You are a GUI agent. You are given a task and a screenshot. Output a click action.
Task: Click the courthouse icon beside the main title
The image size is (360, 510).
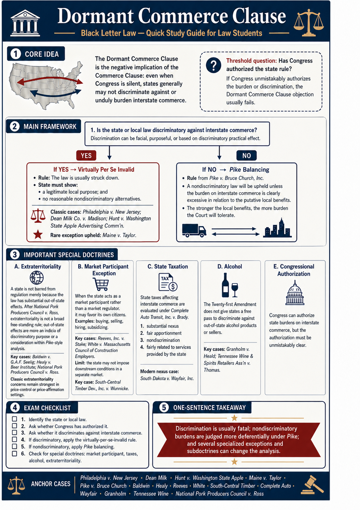[25, 23]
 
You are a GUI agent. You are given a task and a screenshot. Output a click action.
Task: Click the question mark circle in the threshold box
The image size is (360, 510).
[213, 65]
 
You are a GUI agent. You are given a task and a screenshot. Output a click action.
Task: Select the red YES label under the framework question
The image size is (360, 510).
[86, 155]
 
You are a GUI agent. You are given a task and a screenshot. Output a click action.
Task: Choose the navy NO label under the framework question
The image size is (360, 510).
[246, 155]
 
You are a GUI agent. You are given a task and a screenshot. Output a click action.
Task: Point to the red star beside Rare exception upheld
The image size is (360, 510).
[38, 235]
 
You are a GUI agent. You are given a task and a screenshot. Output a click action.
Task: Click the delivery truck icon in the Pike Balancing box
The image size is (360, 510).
[194, 230]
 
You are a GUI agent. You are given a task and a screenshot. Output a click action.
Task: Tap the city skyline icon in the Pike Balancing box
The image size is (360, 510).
[277, 228]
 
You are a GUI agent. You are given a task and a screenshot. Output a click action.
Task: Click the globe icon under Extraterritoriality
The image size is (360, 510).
[37, 278]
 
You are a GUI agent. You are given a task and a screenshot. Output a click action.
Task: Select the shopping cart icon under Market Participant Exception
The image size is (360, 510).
[101, 284]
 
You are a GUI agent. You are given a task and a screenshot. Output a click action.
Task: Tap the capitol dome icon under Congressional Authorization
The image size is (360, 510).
[294, 293]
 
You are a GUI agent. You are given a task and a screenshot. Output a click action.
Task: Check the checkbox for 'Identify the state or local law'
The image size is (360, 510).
[14, 419]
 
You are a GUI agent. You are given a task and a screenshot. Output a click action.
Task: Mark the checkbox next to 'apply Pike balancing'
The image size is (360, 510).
[14, 446]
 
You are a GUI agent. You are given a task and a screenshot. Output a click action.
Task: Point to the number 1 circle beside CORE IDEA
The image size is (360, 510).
[15, 54]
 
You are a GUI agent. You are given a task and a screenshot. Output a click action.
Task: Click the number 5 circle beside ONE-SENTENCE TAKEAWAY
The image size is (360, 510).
[164, 408]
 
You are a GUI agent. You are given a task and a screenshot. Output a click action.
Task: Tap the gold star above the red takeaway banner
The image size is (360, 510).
[234, 418]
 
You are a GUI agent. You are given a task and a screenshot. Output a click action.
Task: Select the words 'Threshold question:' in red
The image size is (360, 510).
[251, 61]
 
